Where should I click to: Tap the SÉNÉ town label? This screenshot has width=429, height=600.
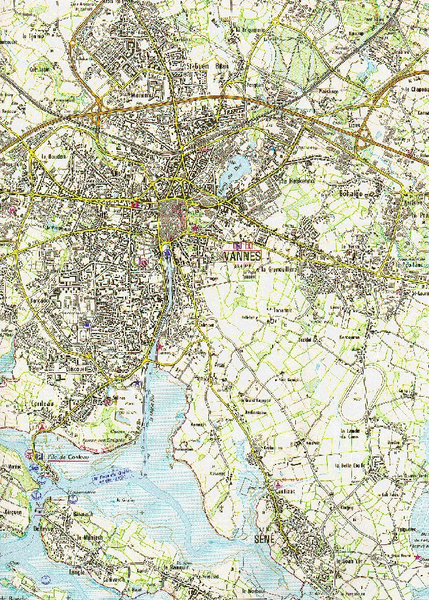pos(263,539)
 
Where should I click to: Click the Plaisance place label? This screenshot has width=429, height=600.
pos(328,92)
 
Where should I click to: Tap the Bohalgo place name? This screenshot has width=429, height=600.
pos(351,194)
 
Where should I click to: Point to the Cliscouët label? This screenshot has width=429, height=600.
pos(61,368)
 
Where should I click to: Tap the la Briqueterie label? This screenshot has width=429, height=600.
pos(250,30)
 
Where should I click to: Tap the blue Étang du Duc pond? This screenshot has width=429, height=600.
pos(237,167)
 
